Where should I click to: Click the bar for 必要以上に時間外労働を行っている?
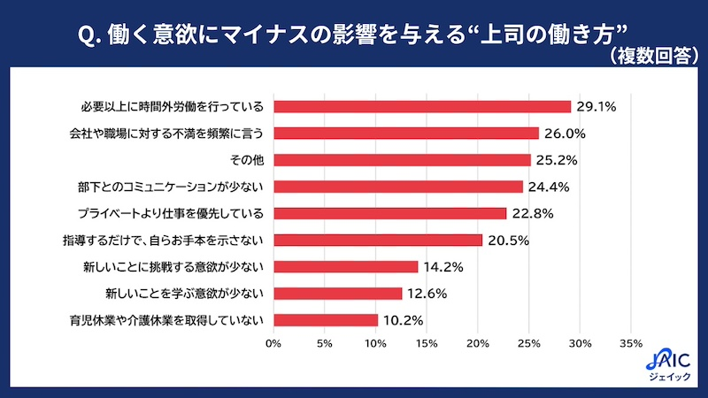pyautogui.click(x=422, y=107)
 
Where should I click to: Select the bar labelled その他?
pyautogui.click(x=402, y=160)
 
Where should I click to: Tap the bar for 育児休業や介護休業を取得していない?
pyautogui.click(x=326, y=320)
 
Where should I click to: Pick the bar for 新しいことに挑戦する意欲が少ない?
pyautogui.click(x=346, y=266)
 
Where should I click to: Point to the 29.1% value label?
pyautogui.click(x=596, y=107)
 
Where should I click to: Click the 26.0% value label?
pyautogui.click(x=564, y=134)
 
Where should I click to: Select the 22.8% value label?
pyautogui.click(x=531, y=213)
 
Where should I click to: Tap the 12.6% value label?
pyautogui.click(x=427, y=293)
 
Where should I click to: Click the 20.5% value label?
pyautogui.click(x=507, y=240)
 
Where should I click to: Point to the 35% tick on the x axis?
pyautogui.click(x=631, y=342)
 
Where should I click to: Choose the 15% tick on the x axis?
pyautogui.click(x=427, y=342)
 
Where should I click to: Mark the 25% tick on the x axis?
pyautogui.click(x=529, y=342)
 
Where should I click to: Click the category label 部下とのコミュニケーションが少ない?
pyautogui.click(x=173, y=187)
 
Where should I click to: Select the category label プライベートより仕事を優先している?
pyautogui.click(x=170, y=213)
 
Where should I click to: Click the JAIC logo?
pyautogui.click(x=666, y=364)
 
